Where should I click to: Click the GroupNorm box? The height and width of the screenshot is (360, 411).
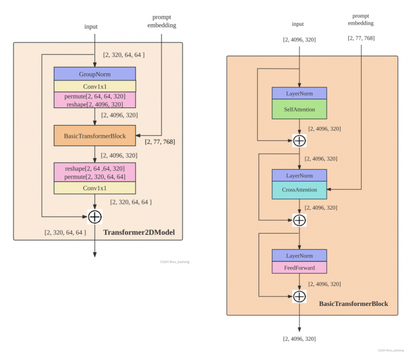(x=95, y=74)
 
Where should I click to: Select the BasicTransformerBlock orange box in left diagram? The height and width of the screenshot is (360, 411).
(x=95, y=136)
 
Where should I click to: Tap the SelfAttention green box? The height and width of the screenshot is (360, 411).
(x=299, y=110)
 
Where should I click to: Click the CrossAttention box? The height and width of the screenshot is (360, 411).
(x=299, y=190)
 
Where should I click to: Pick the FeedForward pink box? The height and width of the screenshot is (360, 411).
(x=299, y=268)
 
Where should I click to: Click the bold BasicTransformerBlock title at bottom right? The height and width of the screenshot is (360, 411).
(x=353, y=304)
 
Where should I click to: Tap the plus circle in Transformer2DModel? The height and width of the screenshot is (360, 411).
(x=95, y=217)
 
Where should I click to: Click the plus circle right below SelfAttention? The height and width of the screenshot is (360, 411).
(x=299, y=140)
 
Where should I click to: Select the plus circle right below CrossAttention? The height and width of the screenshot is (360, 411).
(x=299, y=220)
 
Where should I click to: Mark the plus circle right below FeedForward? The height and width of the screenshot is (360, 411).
(x=299, y=296)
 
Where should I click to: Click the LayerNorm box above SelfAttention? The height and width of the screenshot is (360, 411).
(x=299, y=93)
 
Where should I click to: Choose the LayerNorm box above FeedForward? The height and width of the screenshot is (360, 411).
(x=299, y=255)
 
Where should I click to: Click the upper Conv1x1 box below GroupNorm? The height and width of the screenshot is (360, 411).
(x=95, y=86)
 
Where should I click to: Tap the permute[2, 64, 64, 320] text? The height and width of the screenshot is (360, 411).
(x=95, y=96)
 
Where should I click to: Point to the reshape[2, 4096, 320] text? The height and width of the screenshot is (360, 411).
(x=95, y=105)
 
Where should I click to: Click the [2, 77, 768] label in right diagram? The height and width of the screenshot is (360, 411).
(x=362, y=38)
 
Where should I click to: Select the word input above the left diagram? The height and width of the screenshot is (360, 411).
(x=91, y=26)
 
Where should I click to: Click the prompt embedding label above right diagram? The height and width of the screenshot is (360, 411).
(x=362, y=19)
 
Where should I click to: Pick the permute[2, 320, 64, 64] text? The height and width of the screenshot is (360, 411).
(x=95, y=177)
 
